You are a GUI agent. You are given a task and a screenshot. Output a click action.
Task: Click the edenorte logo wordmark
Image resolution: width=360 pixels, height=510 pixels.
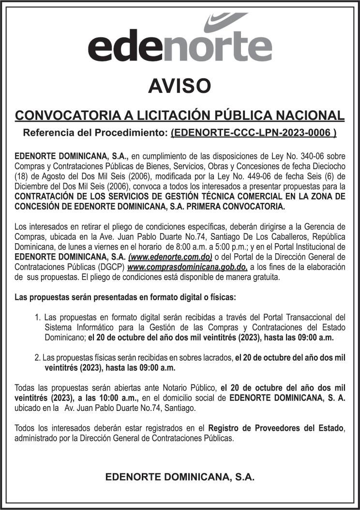click(180, 48)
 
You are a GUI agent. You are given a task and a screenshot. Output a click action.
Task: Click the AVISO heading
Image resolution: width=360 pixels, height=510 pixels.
click(180, 86)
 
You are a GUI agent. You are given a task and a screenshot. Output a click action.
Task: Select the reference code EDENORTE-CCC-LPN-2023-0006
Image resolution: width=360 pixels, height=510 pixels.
click(254, 132)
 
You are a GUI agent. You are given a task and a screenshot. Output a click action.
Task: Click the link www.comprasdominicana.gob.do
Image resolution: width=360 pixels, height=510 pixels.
click(187, 267)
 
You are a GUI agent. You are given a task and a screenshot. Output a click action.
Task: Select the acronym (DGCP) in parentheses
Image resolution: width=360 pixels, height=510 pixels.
click(110, 267)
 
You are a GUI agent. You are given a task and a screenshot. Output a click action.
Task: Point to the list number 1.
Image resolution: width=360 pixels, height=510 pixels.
click(37, 318)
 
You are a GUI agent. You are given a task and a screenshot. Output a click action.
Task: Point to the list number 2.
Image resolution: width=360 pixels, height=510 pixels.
click(37, 358)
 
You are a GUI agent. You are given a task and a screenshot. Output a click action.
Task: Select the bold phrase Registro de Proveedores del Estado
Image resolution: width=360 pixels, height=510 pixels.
click(275, 428)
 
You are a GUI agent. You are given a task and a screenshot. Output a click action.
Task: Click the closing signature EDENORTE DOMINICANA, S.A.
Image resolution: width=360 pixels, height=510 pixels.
click(180, 477)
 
